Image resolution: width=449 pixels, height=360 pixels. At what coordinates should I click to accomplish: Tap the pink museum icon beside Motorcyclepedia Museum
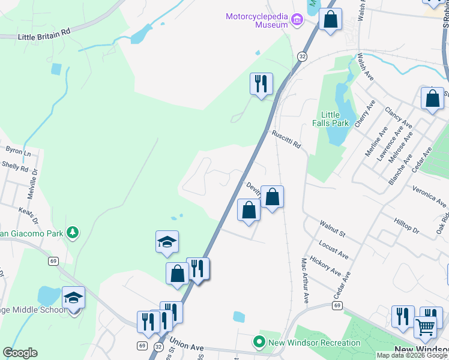[297, 21]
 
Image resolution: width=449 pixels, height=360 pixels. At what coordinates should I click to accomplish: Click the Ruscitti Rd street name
[285, 140]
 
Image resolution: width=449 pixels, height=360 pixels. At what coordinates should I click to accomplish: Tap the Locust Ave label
[334, 251]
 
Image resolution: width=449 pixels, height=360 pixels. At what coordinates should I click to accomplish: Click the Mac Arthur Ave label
[304, 280]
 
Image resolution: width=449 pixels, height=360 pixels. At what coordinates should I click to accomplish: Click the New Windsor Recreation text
[315, 343]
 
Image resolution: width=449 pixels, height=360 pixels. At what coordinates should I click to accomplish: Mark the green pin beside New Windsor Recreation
[259, 343]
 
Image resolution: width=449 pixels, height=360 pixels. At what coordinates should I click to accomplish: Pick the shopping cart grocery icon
[425, 328]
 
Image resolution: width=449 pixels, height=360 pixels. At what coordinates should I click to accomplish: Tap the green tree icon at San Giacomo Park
[73, 232]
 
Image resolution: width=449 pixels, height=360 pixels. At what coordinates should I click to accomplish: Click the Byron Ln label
[18, 151]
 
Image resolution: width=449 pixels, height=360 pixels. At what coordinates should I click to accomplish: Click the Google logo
[20, 353]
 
